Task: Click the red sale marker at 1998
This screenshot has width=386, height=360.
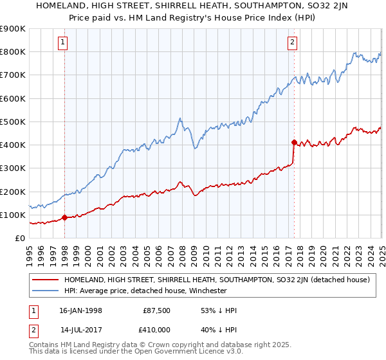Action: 65,217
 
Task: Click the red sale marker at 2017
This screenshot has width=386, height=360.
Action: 294,142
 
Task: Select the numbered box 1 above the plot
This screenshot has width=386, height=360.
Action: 64,43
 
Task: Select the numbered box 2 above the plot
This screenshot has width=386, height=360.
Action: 293,43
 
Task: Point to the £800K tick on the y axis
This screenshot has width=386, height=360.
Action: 13,51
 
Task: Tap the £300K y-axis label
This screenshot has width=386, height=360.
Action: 13,168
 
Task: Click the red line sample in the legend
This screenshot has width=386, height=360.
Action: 46,280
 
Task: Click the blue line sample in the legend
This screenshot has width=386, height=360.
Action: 46,291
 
